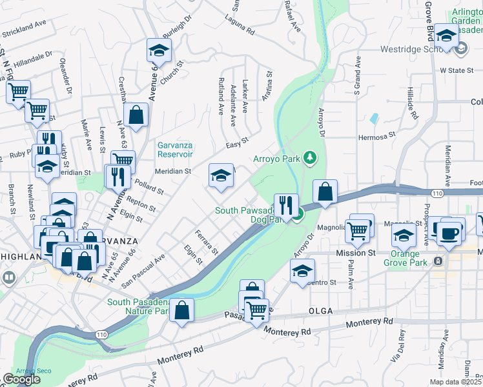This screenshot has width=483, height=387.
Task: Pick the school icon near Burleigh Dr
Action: (158, 50)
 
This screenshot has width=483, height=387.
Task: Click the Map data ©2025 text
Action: (456, 381)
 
